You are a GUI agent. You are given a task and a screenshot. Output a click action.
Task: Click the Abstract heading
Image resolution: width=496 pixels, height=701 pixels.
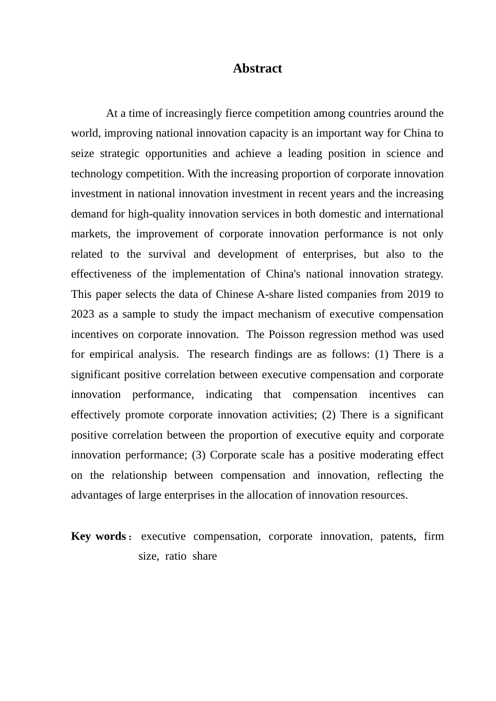coord(257,68)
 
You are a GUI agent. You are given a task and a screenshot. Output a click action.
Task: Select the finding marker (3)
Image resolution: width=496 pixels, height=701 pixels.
coord(198,455)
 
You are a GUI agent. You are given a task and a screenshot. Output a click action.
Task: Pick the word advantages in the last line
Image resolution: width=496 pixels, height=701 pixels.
coord(97,495)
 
